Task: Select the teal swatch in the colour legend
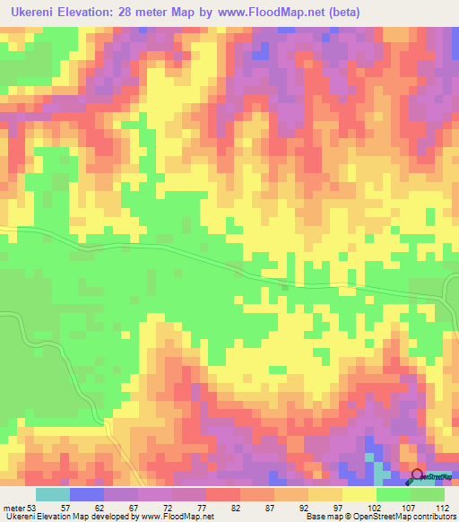tap(52, 494)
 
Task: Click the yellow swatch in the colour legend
tap(359, 494)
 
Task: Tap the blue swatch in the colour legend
tap(86, 494)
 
